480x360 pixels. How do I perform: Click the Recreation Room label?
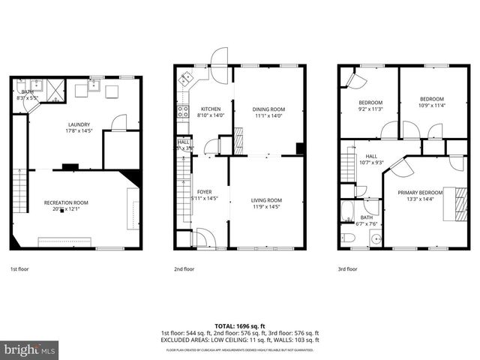(66, 202)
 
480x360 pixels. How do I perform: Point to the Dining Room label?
(268, 109)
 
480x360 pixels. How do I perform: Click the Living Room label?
(266, 199)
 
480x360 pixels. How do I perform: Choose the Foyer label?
(204, 192)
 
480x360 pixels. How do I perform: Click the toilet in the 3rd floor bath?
(348, 238)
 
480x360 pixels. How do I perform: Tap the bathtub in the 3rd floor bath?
(348, 211)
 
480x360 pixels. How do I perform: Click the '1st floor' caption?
(19, 268)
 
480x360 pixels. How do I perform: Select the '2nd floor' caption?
(184, 268)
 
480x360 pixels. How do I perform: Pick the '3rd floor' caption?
(347, 268)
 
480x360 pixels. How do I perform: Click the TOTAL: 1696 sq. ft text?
(240, 326)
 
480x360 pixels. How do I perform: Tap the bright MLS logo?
(30, 349)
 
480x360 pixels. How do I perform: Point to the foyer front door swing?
(204, 238)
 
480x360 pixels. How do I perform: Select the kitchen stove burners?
(181, 113)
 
